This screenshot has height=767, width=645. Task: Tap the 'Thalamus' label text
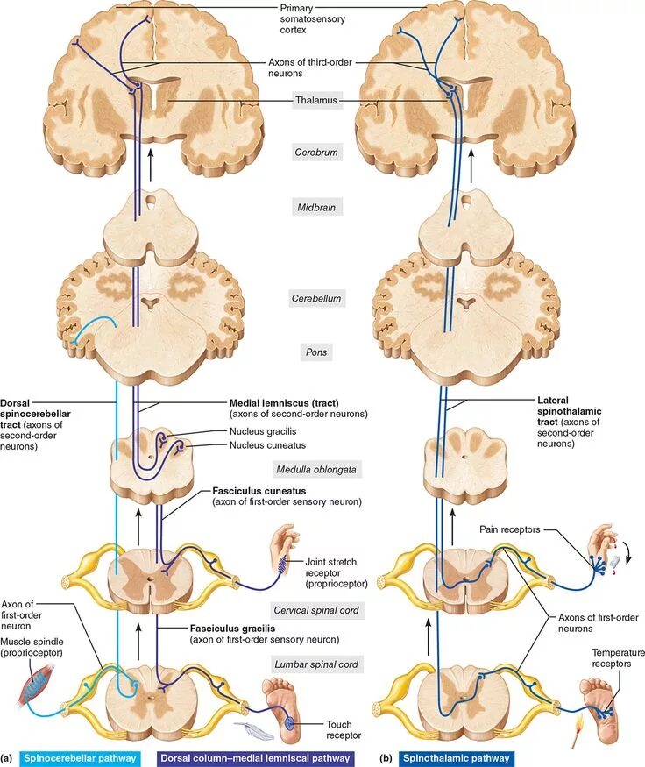click(x=315, y=101)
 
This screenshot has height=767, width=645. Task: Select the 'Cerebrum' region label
click(x=315, y=152)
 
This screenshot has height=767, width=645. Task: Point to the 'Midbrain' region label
click(x=315, y=208)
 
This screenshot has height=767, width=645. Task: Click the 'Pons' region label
click(x=315, y=352)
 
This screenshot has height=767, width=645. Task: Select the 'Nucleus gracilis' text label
click(x=266, y=431)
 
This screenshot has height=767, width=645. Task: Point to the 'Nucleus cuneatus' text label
click(x=268, y=445)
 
